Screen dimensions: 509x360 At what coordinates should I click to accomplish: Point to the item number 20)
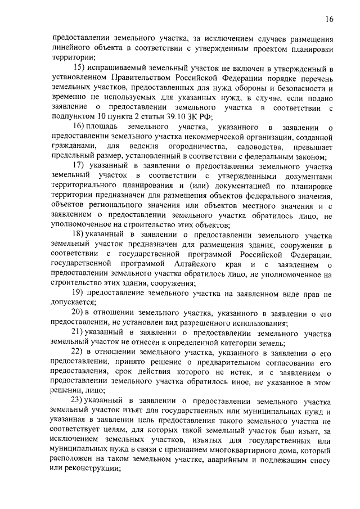pyautogui.click(x=78, y=313)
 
